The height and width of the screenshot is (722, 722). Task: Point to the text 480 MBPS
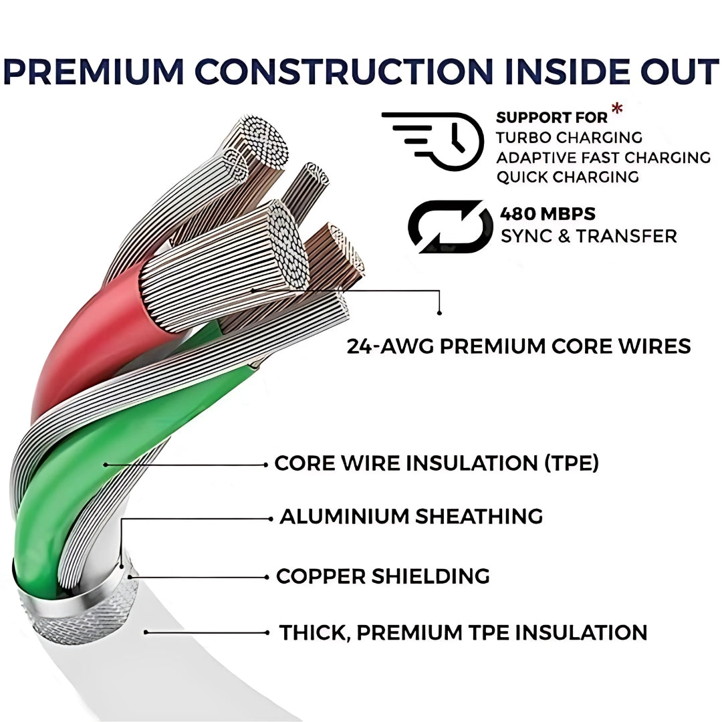click(x=548, y=215)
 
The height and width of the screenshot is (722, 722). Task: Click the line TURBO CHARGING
click(x=568, y=138)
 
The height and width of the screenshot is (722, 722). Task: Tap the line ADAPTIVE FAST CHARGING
click(x=603, y=158)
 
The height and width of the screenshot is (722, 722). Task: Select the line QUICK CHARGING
click(x=567, y=177)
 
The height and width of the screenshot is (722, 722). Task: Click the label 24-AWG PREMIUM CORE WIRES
click(x=519, y=346)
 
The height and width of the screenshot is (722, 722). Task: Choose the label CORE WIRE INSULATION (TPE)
click(x=437, y=463)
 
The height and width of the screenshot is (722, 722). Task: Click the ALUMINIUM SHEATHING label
click(x=411, y=517)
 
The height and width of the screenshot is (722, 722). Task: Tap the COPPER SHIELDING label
click(x=382, y=576)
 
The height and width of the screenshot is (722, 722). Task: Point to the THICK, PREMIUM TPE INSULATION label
click(x=463, y=632)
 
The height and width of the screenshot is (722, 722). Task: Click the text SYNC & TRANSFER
click(x=588, y=236)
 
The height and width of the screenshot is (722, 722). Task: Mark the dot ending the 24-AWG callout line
click(x=440, y=312)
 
